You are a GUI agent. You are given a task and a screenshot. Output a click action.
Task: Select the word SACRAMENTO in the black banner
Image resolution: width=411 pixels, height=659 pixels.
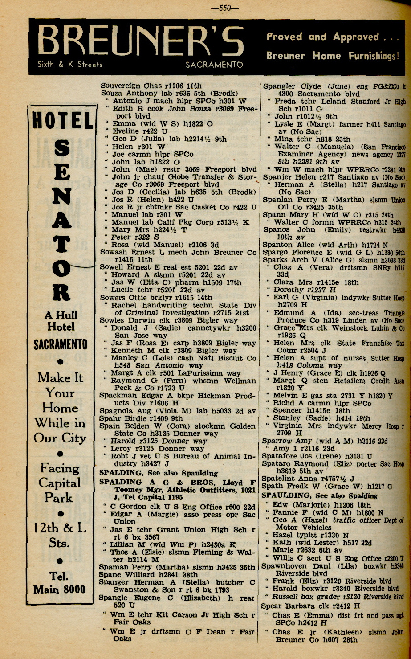214,65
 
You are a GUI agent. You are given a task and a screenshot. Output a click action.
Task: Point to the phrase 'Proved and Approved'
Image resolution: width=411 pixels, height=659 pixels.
323,37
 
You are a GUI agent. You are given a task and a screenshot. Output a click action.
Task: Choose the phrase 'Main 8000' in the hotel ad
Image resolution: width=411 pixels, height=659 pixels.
59,589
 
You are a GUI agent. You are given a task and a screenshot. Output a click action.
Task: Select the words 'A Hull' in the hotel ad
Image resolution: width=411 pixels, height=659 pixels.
61,315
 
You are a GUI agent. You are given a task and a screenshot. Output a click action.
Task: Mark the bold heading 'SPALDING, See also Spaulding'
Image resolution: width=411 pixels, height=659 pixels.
159,473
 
